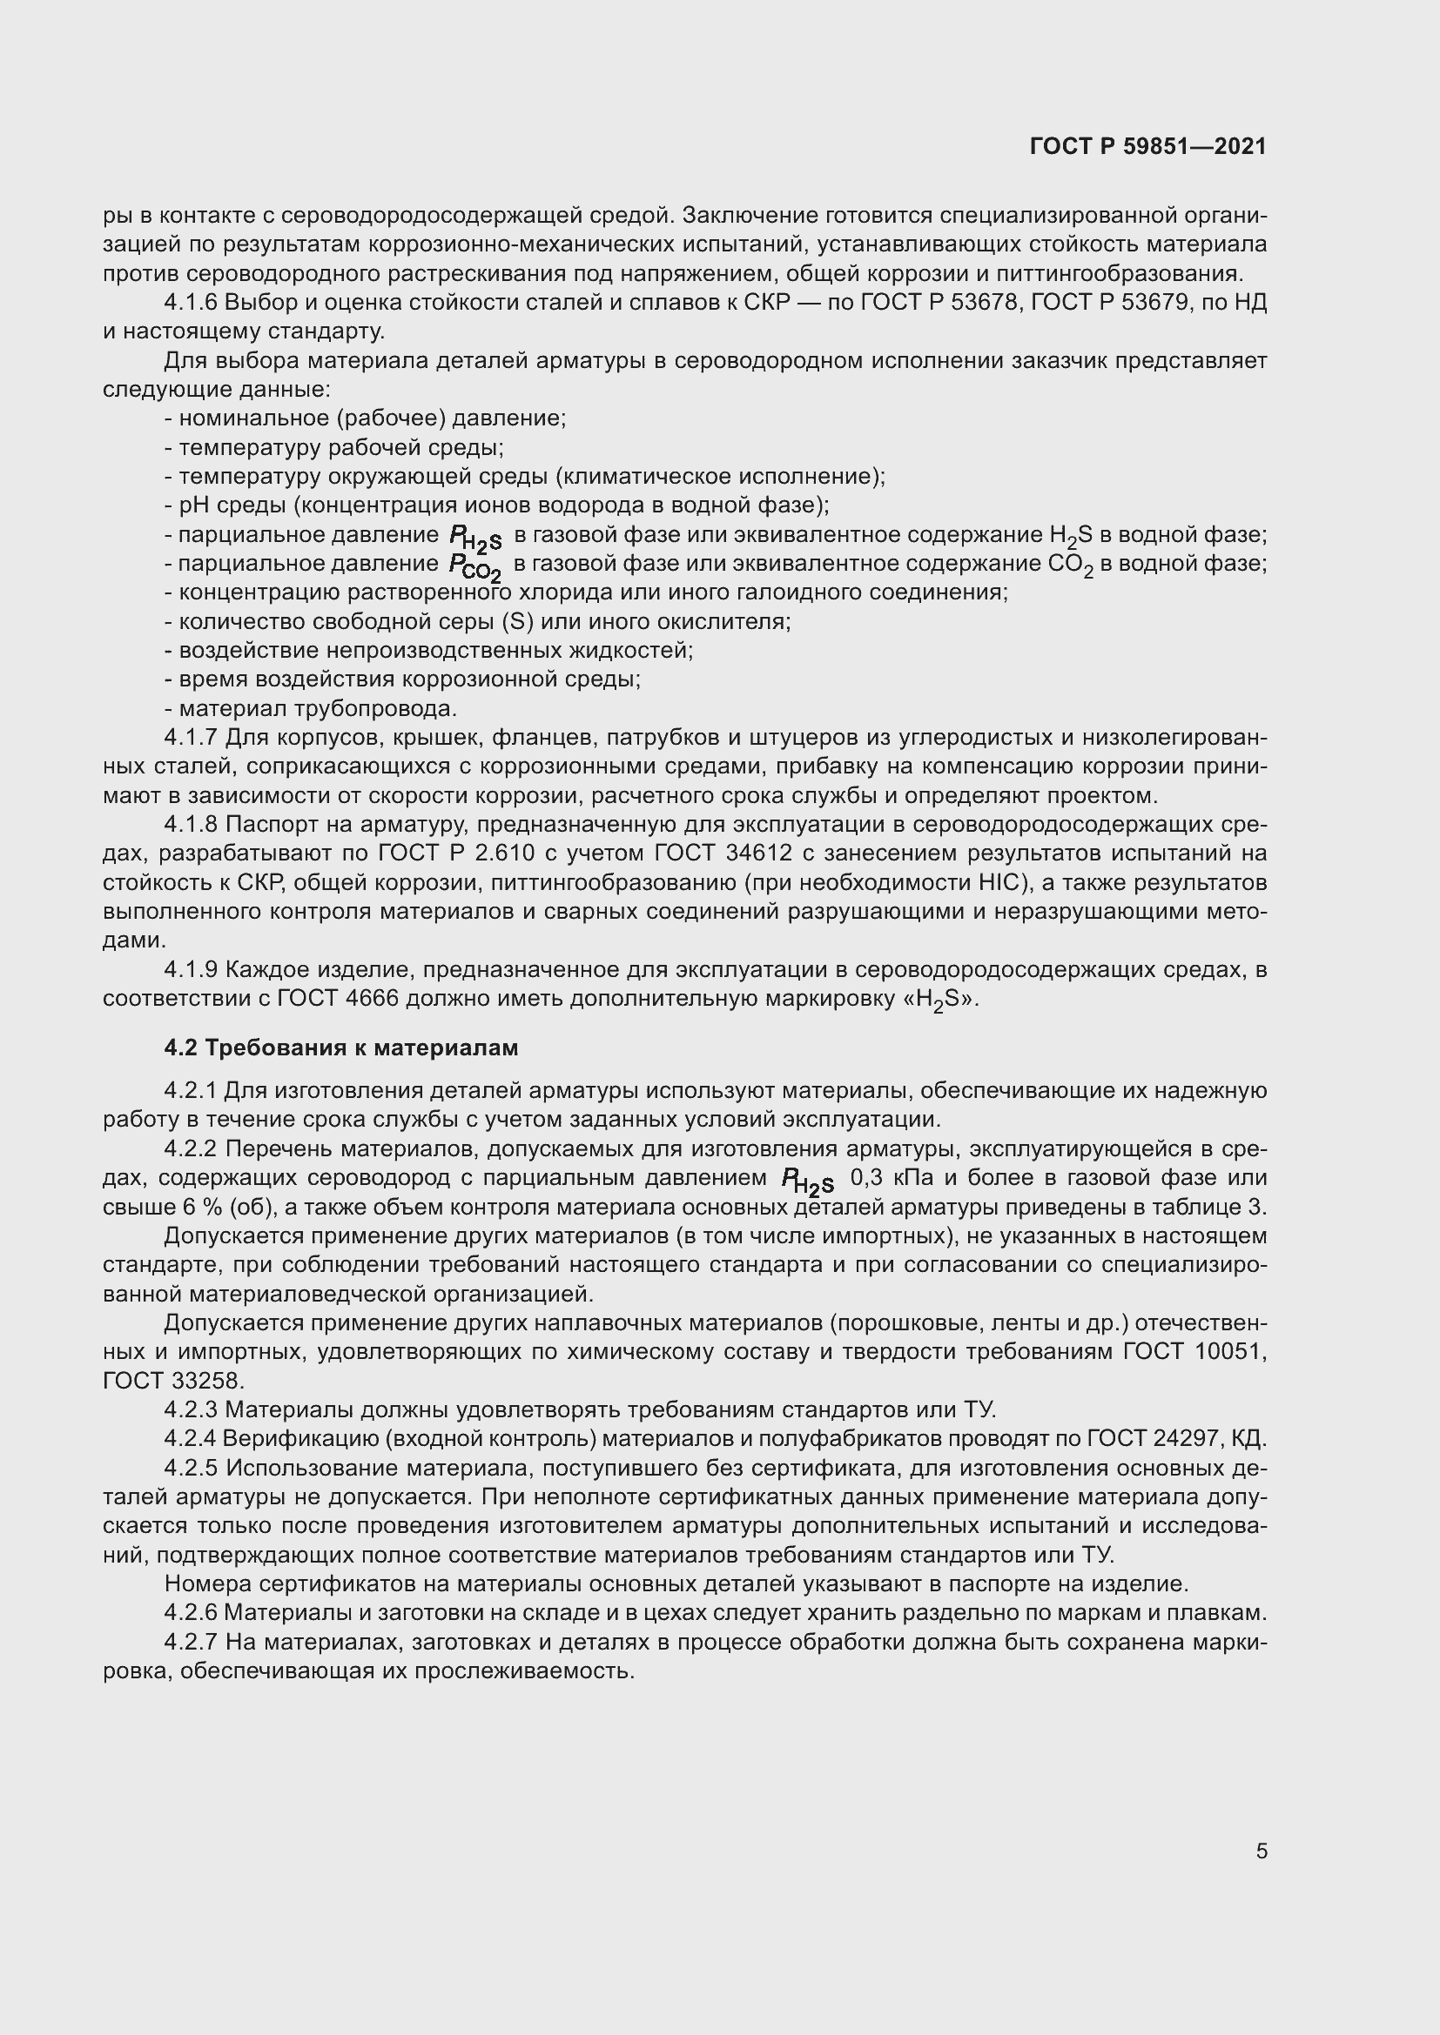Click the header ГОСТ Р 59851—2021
click(x=1148, y=146)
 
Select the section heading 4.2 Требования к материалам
click(x=340, y=1048)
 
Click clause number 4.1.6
click(x=191, y=303)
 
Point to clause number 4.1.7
click(x=191, y=738)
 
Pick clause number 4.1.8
click(x=191, y=824)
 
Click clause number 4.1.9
click(x=191, y=969)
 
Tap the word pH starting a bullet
click(x=192, y=506)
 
